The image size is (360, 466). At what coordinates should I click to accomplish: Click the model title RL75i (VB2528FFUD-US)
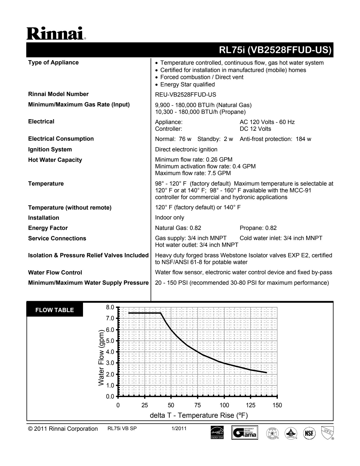coord(275,50)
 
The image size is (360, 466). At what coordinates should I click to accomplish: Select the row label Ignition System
coord(50,149)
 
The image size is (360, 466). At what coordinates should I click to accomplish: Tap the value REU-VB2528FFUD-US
coord(186,95)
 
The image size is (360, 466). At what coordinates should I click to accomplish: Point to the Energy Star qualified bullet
coord(187,84)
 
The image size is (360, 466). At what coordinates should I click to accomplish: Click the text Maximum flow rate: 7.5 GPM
coord(193,173)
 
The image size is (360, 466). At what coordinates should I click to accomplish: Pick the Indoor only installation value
coord(169,217)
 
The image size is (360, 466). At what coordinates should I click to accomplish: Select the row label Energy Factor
coord(48,228)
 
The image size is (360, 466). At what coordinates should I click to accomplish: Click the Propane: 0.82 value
coord(258,228)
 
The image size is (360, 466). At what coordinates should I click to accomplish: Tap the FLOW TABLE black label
coord(54,310)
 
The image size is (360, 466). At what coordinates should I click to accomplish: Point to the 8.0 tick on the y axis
coord(110,307)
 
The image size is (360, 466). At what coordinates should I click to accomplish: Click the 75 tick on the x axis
coord(198,405)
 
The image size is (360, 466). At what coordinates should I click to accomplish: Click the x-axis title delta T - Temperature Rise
coord(199,415)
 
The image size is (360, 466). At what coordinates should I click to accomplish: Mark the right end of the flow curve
coord(266,373)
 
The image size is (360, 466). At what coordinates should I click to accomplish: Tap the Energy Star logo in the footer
coord(217,433)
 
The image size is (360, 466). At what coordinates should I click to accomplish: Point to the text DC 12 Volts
coord(255,129)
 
